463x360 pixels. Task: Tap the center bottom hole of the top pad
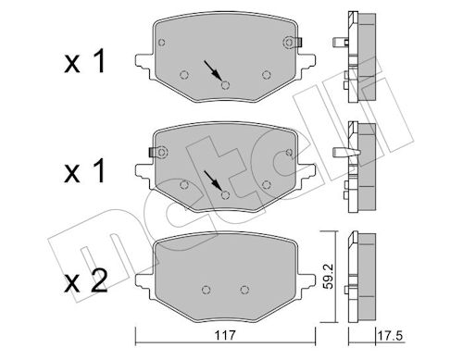pyautogui.click(x=225, y=85)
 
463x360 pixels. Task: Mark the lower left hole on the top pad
pyautogui.click(x=184, y=75)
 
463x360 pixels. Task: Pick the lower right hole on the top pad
pyautogui.click(x=266, y=75)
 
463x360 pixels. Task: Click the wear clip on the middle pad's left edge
pyautogui.click(x=154, y=150)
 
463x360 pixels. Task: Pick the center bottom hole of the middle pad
pyautogui.click(x=225, y=194)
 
